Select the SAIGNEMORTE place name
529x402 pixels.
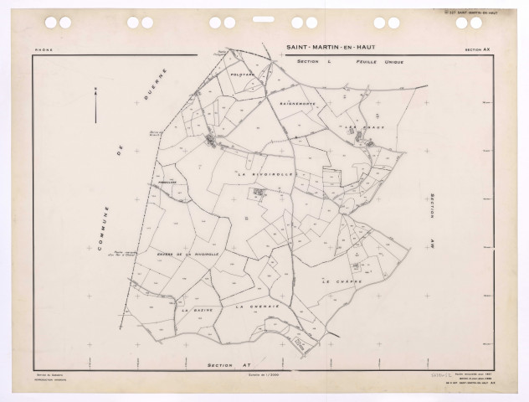click(x=297, y=103)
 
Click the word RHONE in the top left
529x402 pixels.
click(x=43, y=50)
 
